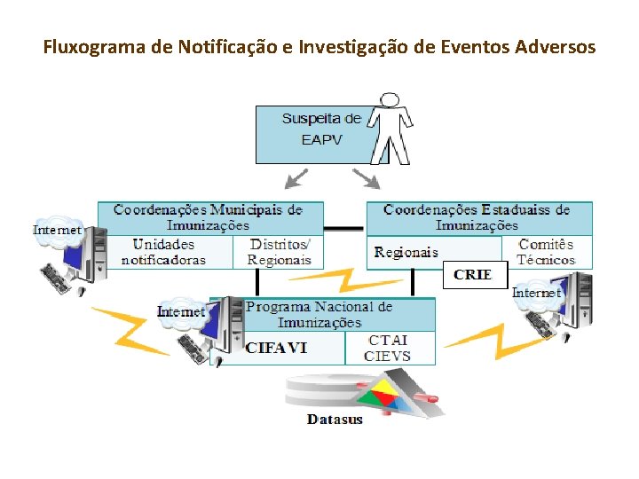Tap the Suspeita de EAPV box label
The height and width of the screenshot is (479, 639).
point(320,129)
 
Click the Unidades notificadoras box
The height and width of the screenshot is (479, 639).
point(164,252)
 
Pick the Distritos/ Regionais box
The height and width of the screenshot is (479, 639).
point(280,252)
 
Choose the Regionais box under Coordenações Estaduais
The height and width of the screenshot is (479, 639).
point(406,252)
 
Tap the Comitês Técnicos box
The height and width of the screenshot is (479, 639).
point(546,252)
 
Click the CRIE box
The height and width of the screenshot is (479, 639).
point(473,275)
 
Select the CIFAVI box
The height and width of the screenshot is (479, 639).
point(277,348)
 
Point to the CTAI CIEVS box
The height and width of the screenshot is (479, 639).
point(388,348)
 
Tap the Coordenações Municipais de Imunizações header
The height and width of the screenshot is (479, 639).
point(208,217)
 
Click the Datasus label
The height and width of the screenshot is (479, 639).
point(335,419)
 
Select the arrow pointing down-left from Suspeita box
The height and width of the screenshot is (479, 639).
point(295,179)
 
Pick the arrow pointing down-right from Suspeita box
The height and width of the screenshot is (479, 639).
point(367,179)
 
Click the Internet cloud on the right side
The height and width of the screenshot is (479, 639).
point(538,292)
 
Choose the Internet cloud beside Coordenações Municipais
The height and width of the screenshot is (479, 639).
point(58,229)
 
